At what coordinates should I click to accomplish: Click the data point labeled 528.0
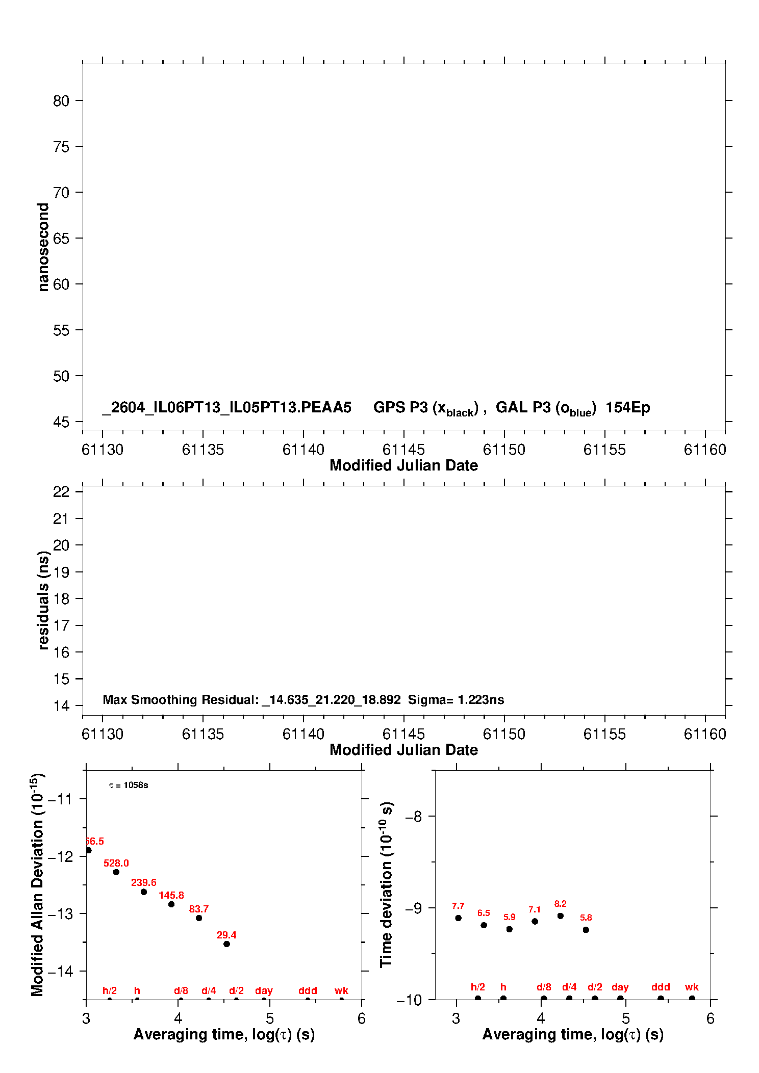point(116,872)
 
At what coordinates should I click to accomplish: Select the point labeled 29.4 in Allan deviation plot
point(226,944)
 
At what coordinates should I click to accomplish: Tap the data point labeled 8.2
point(561,916)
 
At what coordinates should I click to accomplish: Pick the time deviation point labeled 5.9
point(510,929)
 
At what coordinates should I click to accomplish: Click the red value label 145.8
point(171,895)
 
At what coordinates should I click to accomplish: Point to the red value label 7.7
point(458,906)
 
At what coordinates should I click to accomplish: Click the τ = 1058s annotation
point(129,785)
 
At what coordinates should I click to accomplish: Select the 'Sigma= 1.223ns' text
point(456,699)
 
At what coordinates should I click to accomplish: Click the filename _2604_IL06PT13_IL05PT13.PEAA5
point(226,408)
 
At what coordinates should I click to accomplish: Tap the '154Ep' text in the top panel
point(628,408)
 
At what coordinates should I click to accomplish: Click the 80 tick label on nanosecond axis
point(61,101)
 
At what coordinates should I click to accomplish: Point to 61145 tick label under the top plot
point(403,450)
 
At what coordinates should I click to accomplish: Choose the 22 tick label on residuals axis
point(61,492)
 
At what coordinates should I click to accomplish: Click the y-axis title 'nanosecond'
point(43,247)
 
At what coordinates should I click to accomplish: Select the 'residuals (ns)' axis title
point(43,600)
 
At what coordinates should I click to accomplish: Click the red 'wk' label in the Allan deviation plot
point(341,990)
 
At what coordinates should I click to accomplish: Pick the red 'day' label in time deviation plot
point(620,987)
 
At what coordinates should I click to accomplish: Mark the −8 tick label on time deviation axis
point(414,817)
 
